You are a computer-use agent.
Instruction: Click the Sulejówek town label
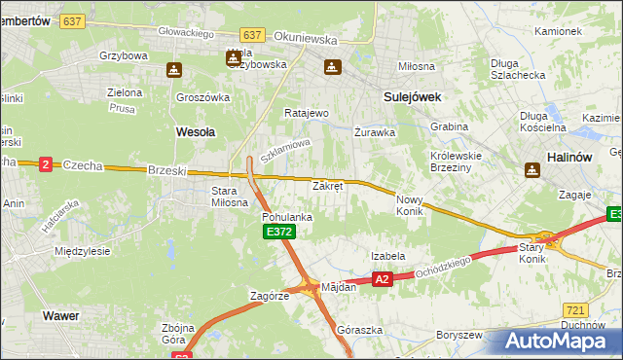pyautogui.click(x=413, y=97)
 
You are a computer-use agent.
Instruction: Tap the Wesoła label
pyautogui.click(x=195, y=129)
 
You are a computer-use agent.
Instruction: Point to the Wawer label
pyautogui.click(x=60, y=315)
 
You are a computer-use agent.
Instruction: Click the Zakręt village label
pyautogui.click(x=327, y=185)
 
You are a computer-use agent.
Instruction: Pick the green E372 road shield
pyautogui.click(x=277, y=232)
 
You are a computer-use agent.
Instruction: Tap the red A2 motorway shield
pyautogui.click(x=382, y=279)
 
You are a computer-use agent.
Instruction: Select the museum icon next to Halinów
pyautogui.click(x=532, y=170)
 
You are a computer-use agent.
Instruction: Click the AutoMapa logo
pyautogui.click(x=556, y=341)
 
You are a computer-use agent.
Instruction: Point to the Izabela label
pyautogui.click(x=387, y=256)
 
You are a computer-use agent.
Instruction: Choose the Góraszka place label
pyautogui.click(x=356, y=330)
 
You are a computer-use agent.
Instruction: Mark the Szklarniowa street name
pyautogui.click(x=285, y=150)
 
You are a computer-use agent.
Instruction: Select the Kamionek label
pyautogui.click(x=558, y=31)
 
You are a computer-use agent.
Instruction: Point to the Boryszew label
pyautogui.click(x=460, y=335)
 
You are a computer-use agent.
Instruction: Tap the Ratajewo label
pyautogui.click(x=307, y=113)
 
